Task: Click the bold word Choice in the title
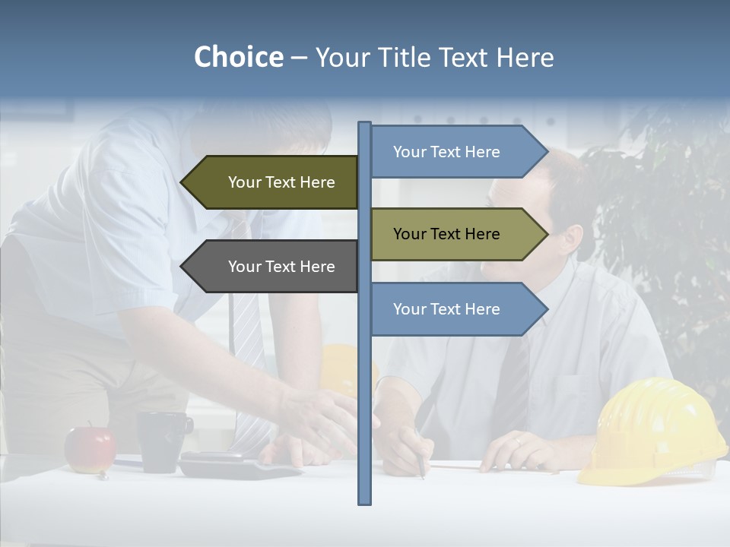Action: pos(238,57)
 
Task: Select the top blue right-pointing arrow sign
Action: pos(456,152)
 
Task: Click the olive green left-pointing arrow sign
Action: pos(274,182)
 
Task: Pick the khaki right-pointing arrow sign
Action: pos(456,234)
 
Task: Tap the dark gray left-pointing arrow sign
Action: pos(274,267)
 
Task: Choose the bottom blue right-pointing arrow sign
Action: pos(456,309)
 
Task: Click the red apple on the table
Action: pos(90,449)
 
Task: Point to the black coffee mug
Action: pos(162,440)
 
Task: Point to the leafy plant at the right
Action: pos(669,228)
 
